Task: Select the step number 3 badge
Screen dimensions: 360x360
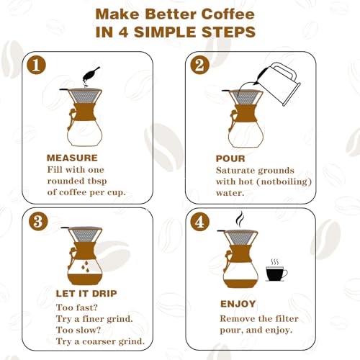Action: coord(40,221)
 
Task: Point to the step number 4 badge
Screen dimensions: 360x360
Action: coord(199,221)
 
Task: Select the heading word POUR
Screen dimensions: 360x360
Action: coord(230,158)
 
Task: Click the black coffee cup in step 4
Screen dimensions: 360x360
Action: coord(276,273)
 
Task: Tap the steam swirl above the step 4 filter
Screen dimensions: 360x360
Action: coord(239,218)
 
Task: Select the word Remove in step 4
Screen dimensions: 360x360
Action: coord(239,317)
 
